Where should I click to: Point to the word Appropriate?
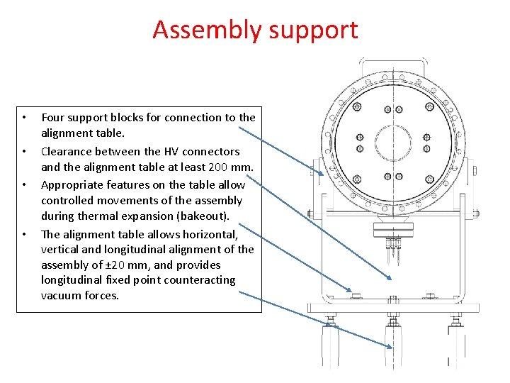click(74, 184)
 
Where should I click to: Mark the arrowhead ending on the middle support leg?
click(390, 345)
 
